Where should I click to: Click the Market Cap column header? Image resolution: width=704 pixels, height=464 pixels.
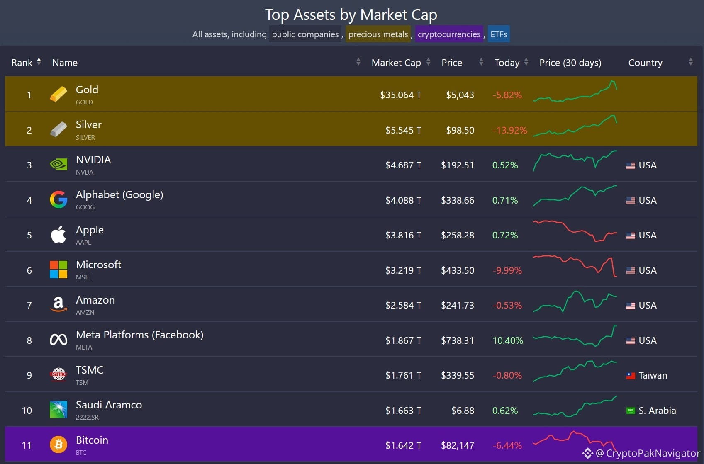point(396,63)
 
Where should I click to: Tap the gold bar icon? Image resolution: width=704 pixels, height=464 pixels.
point(58,94)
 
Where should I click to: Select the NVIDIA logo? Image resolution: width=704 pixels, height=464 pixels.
point(58,165)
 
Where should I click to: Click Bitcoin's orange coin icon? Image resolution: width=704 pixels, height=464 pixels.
point(58,445)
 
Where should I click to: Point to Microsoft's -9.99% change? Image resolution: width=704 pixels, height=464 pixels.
point(507,270)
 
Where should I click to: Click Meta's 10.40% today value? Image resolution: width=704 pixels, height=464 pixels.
point(507,340)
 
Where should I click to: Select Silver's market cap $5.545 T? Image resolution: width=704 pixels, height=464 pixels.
point(403,130)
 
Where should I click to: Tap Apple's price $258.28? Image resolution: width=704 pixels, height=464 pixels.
point(457,235)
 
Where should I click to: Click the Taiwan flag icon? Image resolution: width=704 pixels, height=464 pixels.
point(631,376)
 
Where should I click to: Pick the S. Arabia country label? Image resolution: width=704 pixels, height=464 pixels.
point(657,411)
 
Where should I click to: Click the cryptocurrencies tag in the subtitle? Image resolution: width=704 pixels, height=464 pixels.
point(449,34)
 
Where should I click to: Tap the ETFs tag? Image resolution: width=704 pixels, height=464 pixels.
point(499,34)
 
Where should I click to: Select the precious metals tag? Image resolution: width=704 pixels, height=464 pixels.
point(378,34)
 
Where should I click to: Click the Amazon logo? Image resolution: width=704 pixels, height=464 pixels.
point(58,305)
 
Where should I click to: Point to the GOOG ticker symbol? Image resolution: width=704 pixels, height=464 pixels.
point(85,207)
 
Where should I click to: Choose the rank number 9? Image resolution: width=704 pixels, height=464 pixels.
point(29,375)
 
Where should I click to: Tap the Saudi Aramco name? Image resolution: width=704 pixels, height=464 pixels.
point(109,405)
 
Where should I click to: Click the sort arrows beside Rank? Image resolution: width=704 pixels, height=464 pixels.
point(39,62)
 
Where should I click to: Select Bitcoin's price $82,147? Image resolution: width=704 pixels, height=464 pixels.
point(457,445)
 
